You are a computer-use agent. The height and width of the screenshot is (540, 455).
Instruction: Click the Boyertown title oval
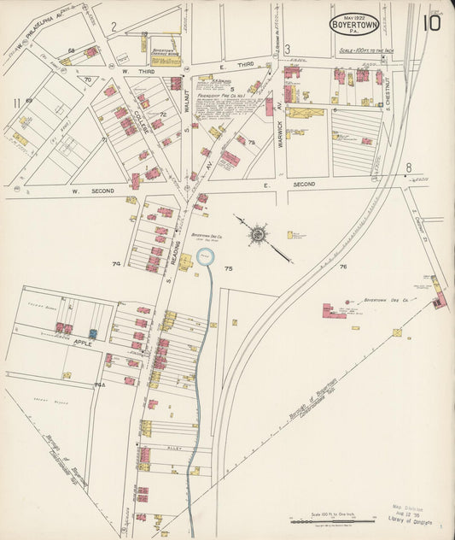coord(354,24)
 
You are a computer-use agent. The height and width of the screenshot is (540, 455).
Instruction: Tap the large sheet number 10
coord(431,22)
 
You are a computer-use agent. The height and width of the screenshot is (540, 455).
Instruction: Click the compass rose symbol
coord(257,233)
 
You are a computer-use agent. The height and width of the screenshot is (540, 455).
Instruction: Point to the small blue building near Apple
coord(93,334)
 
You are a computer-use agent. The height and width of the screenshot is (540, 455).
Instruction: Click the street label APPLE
coord(82,343)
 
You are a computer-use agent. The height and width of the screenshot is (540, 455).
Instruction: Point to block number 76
coord(343,267)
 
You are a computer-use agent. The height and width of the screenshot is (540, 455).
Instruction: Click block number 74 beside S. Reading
coord(116,264)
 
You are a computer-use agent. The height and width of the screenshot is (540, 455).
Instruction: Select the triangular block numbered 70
coord(87,79)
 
